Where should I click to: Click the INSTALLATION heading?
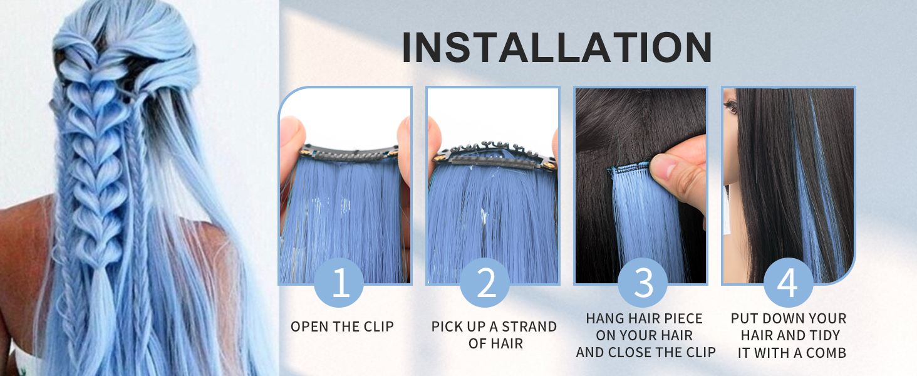(x=557, y=47)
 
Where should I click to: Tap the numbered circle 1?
(x=339, y=283)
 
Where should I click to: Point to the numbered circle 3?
(x=643, y=283)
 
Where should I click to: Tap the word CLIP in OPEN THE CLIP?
(x=378, y=326)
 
